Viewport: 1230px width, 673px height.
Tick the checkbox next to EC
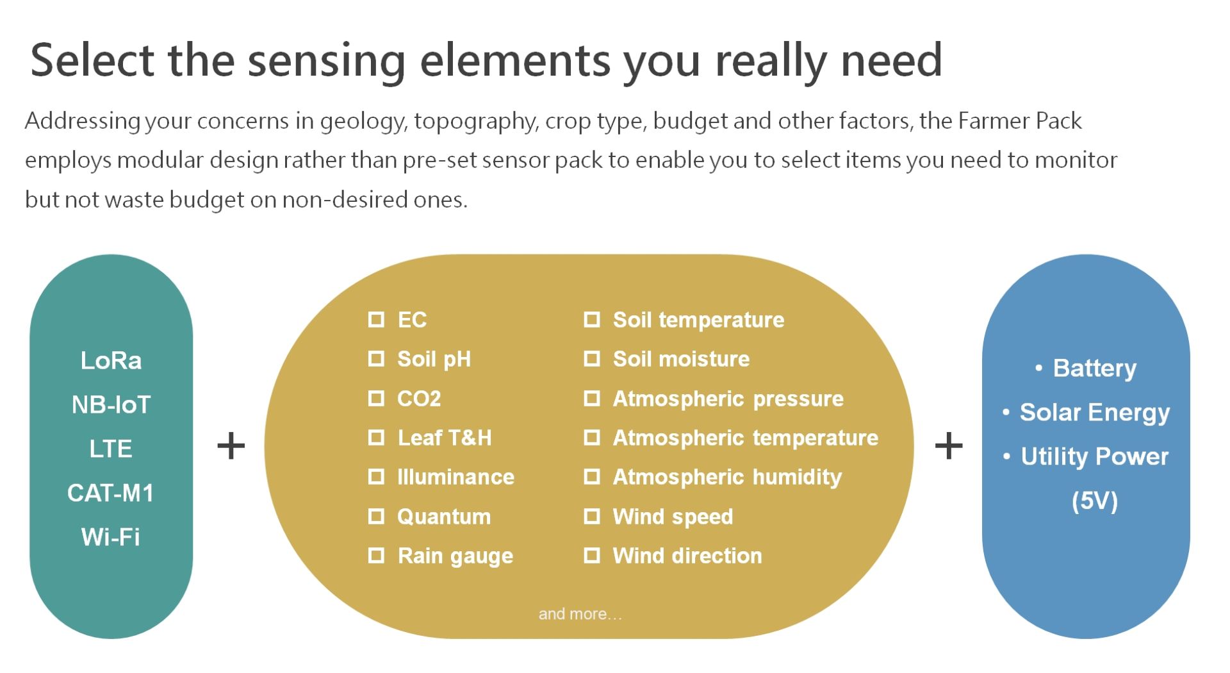point(377,319)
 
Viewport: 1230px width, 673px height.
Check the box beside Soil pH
point(377,359)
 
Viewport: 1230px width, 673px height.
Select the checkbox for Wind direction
point(592,556)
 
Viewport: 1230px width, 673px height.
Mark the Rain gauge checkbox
point(377,556)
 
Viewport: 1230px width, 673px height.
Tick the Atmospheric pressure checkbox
point(592,399)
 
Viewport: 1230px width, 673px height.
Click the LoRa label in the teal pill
point(111,360)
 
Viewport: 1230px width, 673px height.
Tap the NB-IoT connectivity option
point(111,404)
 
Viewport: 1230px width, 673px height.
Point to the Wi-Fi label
point(111,536)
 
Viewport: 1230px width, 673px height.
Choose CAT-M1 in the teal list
point(111,493)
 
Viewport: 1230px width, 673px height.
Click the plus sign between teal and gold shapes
point(231,446)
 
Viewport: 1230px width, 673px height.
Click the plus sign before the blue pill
point(949,446)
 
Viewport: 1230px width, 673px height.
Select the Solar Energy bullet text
point(1095,412)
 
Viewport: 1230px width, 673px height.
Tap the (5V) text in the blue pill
point(1095,501)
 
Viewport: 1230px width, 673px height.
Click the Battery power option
point(1095,369)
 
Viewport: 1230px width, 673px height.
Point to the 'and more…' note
point(580,613)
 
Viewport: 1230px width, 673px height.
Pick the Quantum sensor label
point(444,517)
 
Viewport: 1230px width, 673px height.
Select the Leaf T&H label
point(445,438)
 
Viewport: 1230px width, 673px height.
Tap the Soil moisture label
point(681,359)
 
